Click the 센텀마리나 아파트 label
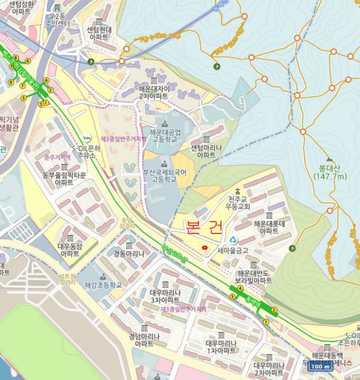click(x=206, y=151)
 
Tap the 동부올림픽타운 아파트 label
click(x=64, y=179)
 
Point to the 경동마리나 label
click(x=129, y=254)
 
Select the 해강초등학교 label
click(x=104, y=284)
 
